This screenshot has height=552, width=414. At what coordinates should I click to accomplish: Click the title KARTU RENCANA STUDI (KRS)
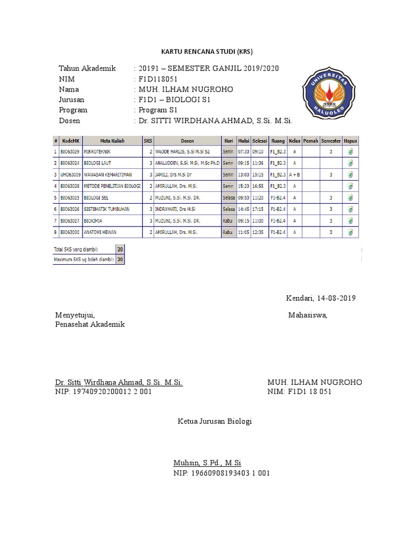click(x=207, y=52)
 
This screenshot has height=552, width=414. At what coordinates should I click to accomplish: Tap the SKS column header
click(x=148, y=140)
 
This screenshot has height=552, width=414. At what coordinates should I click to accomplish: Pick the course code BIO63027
click(x=70, y=220)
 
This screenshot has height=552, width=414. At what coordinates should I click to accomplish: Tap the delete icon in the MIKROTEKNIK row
click(x=350, y=151)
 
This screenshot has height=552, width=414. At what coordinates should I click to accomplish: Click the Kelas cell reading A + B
click(x=295, y=174)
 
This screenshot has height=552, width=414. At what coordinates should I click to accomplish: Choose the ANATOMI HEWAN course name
click(x=100, y=232)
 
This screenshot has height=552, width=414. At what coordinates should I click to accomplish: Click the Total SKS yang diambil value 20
click(x=120, y=250)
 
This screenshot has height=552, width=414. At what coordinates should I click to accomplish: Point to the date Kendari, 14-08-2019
click(x=320, y=298)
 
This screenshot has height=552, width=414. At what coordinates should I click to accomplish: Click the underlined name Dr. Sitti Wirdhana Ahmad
click(x=119, y=382)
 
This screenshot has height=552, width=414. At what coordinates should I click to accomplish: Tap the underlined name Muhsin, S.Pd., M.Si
click(x=207, y=463)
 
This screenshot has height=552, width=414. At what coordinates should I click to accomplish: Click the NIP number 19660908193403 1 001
click(x=222, y=473)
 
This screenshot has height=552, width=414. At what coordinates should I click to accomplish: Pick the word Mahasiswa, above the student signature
click(x=307, y=315)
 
